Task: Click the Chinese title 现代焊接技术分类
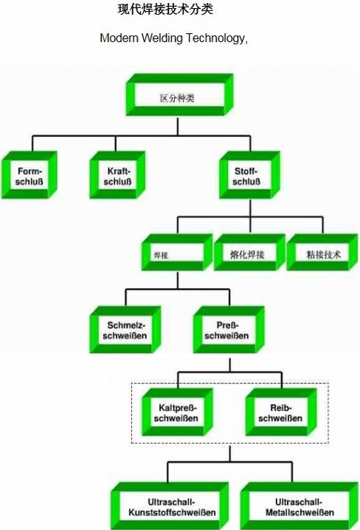[165, 9]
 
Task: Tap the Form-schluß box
[30, 175]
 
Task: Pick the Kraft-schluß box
[117, 175]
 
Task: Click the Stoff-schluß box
[249, 175]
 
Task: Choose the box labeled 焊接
[176, 252]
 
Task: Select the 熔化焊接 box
[249, 252]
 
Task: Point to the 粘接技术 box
[322, 252]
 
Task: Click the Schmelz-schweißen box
[125, 330]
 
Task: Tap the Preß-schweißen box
[229, 330]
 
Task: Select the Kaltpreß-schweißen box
[177, 412]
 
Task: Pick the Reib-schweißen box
[281, 412]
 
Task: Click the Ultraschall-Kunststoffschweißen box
[170, 506]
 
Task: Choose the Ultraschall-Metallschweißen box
[300, 506]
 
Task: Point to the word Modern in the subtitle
[120, 38]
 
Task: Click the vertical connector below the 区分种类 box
[178, 126]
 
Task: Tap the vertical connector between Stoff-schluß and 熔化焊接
[250, 216]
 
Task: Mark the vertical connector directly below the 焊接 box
[178, 280]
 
